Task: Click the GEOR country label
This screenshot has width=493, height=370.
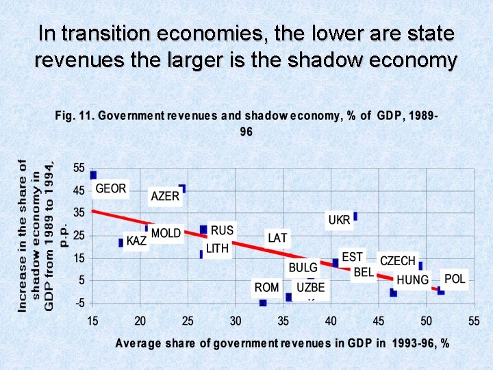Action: point(111,188)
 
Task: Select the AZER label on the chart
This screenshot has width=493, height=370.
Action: point(165,197)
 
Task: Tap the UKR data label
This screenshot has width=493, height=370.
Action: point(339,220)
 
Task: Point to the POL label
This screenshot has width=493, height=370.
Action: point(455,278)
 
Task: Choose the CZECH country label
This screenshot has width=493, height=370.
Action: point(398,261)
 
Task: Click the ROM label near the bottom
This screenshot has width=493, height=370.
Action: point(266,287)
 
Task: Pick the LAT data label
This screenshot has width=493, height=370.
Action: point(278,238)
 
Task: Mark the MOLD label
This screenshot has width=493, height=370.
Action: point(166,233)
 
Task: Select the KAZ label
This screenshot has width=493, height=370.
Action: point(137,242)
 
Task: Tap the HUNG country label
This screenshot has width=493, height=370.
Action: point(413,280)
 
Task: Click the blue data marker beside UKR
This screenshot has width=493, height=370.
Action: point(355,216)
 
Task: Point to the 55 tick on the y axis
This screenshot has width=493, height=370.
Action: point(79,168)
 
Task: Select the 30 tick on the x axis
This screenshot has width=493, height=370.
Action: point(236,320)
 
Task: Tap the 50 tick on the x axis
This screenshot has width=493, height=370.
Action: point(426,320)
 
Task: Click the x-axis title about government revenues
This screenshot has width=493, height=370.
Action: point(281,343)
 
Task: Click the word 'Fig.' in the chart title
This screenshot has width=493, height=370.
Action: point(65,115)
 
